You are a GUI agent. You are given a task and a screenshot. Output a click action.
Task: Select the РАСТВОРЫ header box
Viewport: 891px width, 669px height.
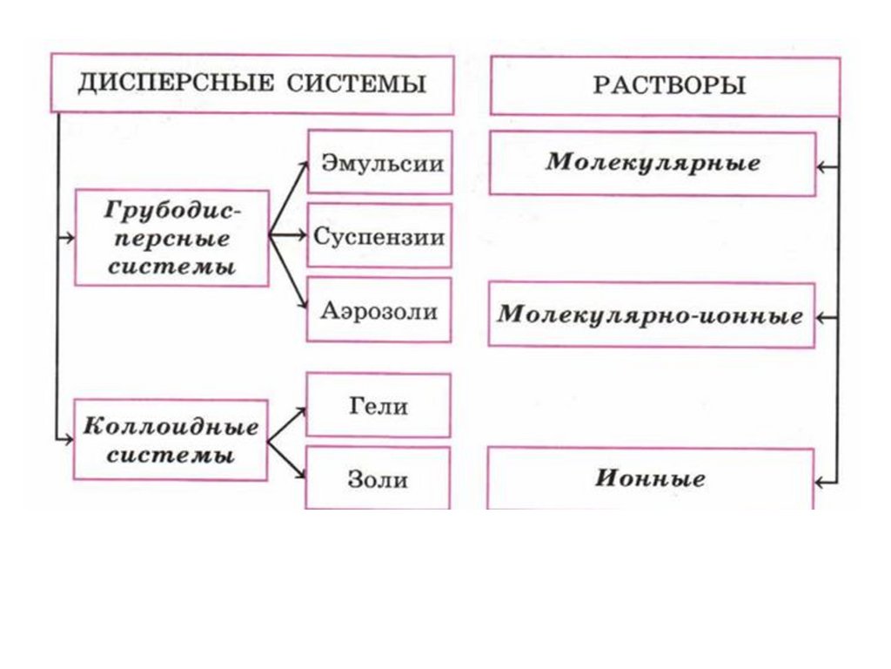pyautogui.click(x=666, y=85)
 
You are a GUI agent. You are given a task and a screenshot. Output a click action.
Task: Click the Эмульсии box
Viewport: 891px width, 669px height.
pyautogui.click(x=380, y=163)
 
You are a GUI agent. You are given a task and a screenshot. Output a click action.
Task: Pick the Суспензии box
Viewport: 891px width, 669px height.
pyautogui.click(x=380, y=236)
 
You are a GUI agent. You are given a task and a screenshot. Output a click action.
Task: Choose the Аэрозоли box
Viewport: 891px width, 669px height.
pyautogui.click(x=380, y=310)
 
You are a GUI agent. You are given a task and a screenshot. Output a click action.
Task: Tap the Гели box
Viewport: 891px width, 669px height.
pyautogui.click(x=379, y=405)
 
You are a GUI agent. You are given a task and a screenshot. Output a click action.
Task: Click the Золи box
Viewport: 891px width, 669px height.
pyautogui.click(x=379, y=477)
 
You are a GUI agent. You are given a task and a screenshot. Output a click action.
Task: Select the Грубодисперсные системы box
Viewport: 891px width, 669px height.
pyautogui.click(x=171, y=238)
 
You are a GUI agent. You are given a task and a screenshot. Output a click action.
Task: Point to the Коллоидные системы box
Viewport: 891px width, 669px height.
pyautogui.click(x=171, y=440)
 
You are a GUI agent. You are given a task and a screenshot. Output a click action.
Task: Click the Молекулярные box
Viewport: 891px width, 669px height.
pyautogui.click(x=653, y=163)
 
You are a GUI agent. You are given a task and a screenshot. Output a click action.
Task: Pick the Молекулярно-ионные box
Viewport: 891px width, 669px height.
pyautogui.click(x=651, y=314)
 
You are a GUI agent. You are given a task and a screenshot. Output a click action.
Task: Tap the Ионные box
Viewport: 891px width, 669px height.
pyautogui.click(x=651, y=478)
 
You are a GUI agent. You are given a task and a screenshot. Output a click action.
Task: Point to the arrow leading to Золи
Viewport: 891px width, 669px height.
pyautogui.click(x=287, y=460)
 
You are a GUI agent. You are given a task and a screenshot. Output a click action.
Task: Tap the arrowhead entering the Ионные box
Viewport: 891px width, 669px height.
pyautogui.click(x=822, y=480)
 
